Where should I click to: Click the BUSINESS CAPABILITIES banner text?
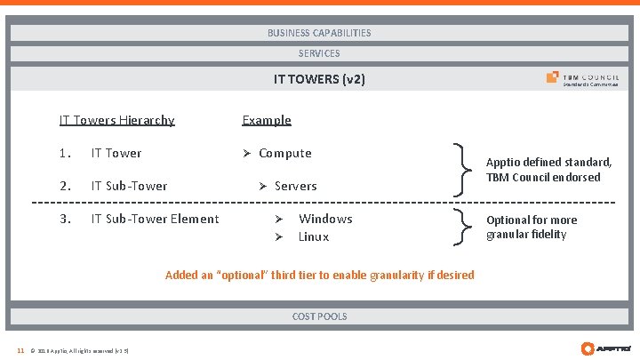click(x=319, y=33)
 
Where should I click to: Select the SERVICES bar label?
click(x=319, y=53)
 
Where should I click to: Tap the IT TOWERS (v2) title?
click(x=319, y=79)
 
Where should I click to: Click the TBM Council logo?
click(x=582, y=79)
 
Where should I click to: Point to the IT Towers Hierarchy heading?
click(x=116, y=120)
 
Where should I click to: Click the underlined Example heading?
click(x=267, y=120)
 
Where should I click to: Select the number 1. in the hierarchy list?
click(x=64, y=153)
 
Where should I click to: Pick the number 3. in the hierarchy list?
click(x=64, y=219)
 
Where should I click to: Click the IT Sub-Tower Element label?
click(x=155, y=219)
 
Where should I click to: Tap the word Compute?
click(x=284, y=153)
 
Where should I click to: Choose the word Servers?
click(x=295, y=186)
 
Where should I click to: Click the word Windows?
click(x=325, y=219)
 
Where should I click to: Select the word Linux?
click(x=314, y=236)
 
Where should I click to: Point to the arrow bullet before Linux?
click(x=277, y=236)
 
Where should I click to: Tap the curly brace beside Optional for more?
click(x=461, y=227)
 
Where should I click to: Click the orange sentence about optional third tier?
click(x=319, y=276)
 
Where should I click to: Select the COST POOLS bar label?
click(x=319, y=316)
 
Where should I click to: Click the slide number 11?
click(x=20, y=350)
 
